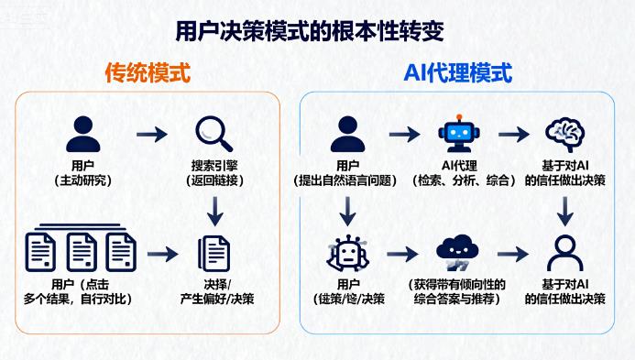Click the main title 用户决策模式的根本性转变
pos(311,30)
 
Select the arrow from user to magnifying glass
pos(151,135)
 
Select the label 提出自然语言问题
pos(347,180)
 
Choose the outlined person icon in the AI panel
pos(564,252)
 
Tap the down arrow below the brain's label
pos(564,212)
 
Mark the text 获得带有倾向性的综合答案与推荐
pos(457,291)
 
